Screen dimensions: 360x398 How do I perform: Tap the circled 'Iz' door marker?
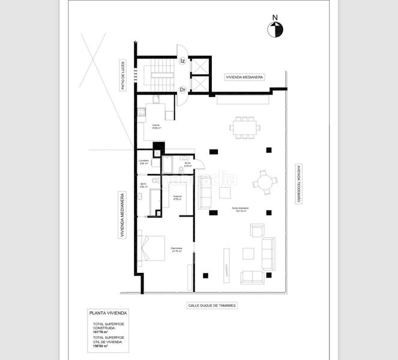183,61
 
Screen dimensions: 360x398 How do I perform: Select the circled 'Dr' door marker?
183,89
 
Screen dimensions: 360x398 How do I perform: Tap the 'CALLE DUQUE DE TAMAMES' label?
212,305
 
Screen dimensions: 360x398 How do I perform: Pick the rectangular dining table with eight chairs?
246,127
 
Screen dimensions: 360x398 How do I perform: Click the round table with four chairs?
264,181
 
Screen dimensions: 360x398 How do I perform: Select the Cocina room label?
155,126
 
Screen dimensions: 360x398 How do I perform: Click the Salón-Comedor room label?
241,210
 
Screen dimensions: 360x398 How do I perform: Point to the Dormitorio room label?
176,250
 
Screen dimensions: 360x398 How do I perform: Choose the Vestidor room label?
177,197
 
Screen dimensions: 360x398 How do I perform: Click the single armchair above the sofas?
257,230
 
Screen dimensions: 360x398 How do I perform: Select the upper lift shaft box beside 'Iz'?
199,65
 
